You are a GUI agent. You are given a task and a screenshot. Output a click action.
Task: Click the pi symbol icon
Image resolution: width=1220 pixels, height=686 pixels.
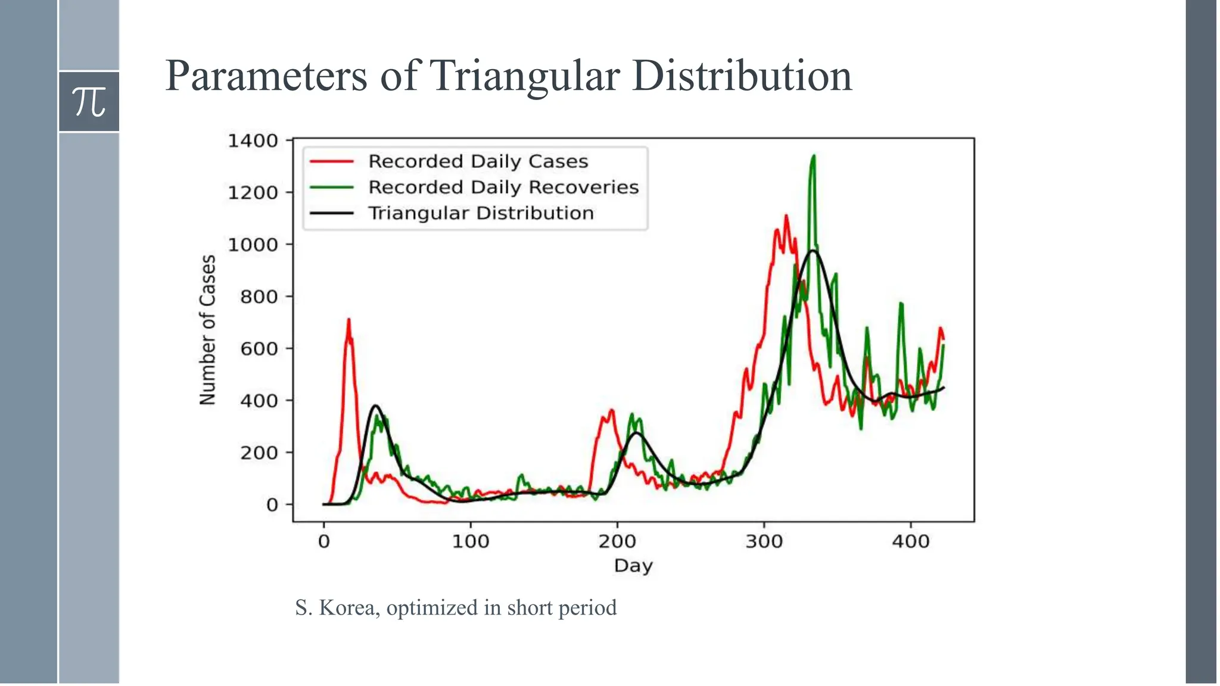(x=89, y=102)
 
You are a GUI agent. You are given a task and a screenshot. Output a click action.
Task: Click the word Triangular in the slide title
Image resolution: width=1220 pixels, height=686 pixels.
(x=524, y=76)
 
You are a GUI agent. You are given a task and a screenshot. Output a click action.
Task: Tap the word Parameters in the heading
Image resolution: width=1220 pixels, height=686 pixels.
(x=266, y=76)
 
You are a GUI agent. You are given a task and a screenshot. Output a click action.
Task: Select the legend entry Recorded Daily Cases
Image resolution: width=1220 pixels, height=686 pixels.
(x=478, y=161)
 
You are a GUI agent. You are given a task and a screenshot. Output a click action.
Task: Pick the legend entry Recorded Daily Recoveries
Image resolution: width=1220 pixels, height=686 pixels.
(x=503, y=187)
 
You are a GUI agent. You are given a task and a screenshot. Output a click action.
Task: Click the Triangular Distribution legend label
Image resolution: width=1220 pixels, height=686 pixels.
(x=481, y=213)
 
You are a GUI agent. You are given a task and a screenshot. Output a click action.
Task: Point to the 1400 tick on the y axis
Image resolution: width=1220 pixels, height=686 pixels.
(x=253, y=141)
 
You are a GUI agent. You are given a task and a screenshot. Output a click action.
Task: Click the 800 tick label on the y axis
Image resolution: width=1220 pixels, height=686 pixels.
(x=259, y=297)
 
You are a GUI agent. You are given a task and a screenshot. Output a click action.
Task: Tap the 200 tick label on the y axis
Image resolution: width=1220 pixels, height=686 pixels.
(x=259, y=453)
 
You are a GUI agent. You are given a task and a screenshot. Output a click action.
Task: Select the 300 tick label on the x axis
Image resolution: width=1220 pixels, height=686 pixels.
(x=764, y=542)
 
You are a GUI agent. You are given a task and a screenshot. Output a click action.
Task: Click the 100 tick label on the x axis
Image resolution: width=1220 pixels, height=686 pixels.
(x=471, y=542)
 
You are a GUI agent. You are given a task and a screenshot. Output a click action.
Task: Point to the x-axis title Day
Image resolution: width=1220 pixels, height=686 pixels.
(x=633, y=566)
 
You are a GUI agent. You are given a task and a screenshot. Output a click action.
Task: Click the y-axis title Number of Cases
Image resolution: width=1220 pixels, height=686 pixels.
(x=207, y=330)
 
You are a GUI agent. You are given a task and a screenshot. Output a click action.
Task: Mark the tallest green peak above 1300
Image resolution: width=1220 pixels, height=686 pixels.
(x=813, y=157)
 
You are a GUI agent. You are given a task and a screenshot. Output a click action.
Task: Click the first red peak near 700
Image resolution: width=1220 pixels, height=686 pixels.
(x=348, y=320)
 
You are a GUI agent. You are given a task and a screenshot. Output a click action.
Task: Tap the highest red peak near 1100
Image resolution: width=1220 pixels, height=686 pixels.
(x=786, y=216)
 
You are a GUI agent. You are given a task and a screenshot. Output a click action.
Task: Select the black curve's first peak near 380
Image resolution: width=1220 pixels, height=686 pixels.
(x=376, y=406)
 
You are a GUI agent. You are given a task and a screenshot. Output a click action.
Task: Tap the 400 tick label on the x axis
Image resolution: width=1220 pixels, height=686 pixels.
(x=910, y=542)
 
